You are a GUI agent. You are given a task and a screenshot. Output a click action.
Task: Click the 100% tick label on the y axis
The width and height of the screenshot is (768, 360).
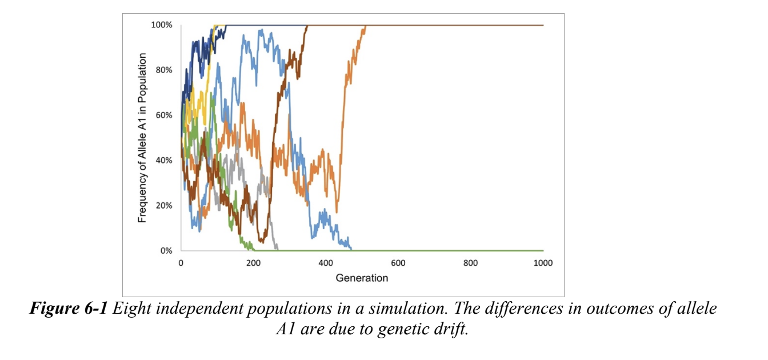161,25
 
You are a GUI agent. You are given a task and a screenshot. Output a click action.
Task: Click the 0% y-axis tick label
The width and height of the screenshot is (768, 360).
165,251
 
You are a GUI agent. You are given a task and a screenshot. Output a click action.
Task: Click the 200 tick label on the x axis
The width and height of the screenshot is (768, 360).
253,263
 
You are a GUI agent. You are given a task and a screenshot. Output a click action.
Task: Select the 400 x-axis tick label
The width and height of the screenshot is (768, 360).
326,263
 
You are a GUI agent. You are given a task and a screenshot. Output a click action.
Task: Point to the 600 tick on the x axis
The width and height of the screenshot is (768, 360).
398,263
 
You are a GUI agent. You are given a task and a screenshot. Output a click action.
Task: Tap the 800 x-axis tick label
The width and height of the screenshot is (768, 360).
470,263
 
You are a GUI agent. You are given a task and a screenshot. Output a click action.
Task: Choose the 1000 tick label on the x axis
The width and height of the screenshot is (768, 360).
542,263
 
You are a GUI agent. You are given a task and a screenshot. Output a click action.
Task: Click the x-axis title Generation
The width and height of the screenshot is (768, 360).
362,278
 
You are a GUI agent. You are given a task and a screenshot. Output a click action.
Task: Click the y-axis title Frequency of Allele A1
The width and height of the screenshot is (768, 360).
143,138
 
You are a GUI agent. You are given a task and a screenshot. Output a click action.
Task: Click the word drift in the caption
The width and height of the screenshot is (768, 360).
451,330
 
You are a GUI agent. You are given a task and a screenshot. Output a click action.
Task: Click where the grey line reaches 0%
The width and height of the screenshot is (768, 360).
277,250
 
